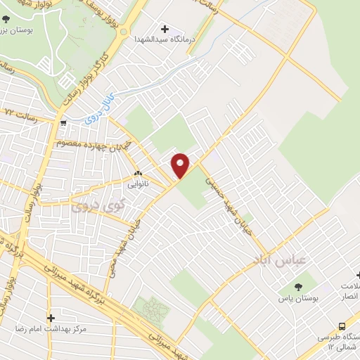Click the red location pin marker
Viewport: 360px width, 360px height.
pyautogui.click(x=181, y=165)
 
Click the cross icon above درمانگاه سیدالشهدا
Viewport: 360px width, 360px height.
pyautogui.click(x=165, y=30)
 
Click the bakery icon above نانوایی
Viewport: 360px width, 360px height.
pyautogui.click(x=138, y=173)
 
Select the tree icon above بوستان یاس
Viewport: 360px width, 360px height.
pyautogui.click(x=300, y=287)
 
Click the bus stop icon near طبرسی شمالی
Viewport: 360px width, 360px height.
pyautogui.click(x=342, y=327)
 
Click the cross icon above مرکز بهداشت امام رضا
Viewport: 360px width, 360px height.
pyautogui.click(x=50, y=318)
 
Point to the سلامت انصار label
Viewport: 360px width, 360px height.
pyautogui.click(x=349, y=292)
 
